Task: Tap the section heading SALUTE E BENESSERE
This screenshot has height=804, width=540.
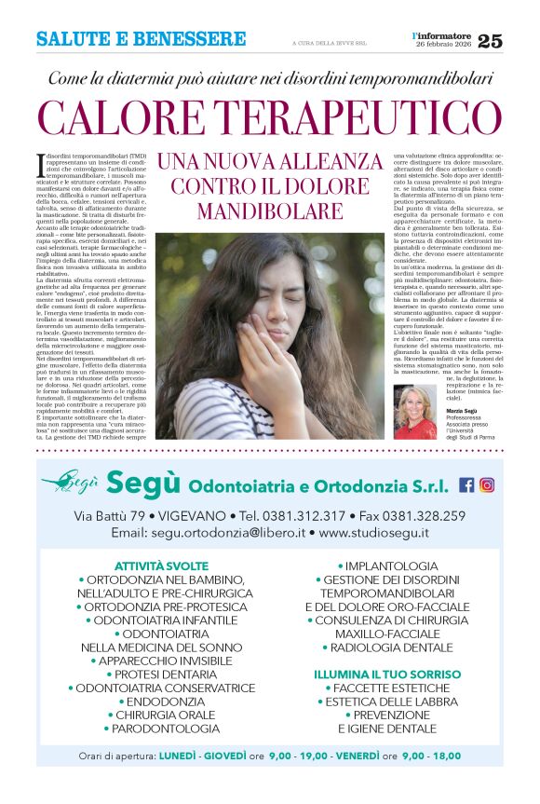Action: pos(141,39)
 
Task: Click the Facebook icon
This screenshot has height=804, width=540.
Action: pos(466,484)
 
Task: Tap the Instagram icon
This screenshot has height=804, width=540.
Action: pos(487,484)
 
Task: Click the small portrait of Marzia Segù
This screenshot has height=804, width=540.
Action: pos(416,412)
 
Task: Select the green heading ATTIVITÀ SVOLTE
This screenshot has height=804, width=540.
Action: pos(161,566)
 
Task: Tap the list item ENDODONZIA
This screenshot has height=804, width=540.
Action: pos(161,701)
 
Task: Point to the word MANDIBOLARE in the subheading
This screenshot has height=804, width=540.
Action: pos(270,211)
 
